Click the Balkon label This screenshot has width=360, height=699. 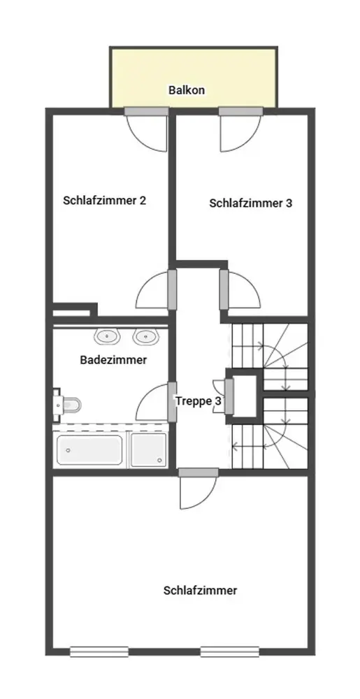point(187,90)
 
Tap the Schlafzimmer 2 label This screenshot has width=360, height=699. point(105,200)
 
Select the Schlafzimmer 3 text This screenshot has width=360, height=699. point(251,203)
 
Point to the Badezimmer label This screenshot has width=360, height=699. point(113,360)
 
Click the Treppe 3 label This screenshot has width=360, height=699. point(199,401)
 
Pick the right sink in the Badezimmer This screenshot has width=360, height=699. point(146,337)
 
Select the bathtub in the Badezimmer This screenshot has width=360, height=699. point(89,449)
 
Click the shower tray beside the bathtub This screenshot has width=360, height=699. point(148,449)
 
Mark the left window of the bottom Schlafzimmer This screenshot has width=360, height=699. point(99,651)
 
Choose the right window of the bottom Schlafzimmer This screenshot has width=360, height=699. point(229,651)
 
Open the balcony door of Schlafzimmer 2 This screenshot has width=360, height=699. point(147,129)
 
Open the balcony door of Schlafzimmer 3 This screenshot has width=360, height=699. point(240,129)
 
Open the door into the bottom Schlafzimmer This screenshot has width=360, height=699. point(199,489)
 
